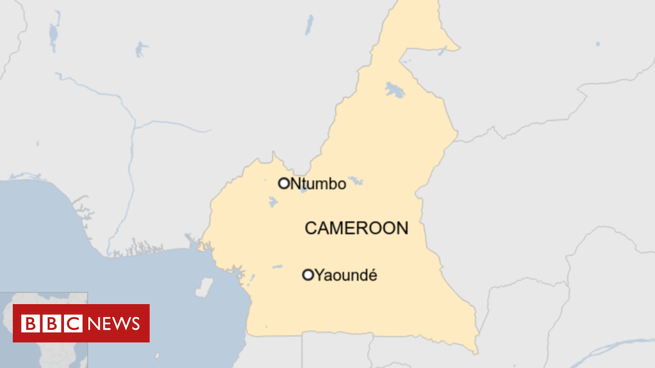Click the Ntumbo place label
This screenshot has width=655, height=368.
(x=318, y=184)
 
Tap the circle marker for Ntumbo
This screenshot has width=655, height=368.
(x=284, y=183)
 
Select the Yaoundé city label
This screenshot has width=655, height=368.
(x=347, y=275)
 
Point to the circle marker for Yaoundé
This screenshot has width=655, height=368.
(x=308, y=275)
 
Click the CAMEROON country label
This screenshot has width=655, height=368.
(x=356, y=228)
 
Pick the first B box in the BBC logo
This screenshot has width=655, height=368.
(x=30, y=323)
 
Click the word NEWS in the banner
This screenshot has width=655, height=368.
(x=114, y=323)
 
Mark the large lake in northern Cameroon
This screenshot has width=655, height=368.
(x=395, y=90)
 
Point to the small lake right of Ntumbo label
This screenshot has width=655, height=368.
(x=356, y=181)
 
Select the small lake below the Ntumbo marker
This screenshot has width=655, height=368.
(x=273, y=203)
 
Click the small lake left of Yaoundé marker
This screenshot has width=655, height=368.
(x=277, y=266)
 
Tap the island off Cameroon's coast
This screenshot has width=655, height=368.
(x=204, y=287)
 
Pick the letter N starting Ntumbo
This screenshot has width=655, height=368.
(x=296, y=184)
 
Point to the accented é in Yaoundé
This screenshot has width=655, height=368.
(x=372, y=275)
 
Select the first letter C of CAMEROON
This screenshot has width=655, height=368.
(x=311, y=228)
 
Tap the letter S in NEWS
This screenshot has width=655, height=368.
(x=134, y=323)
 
